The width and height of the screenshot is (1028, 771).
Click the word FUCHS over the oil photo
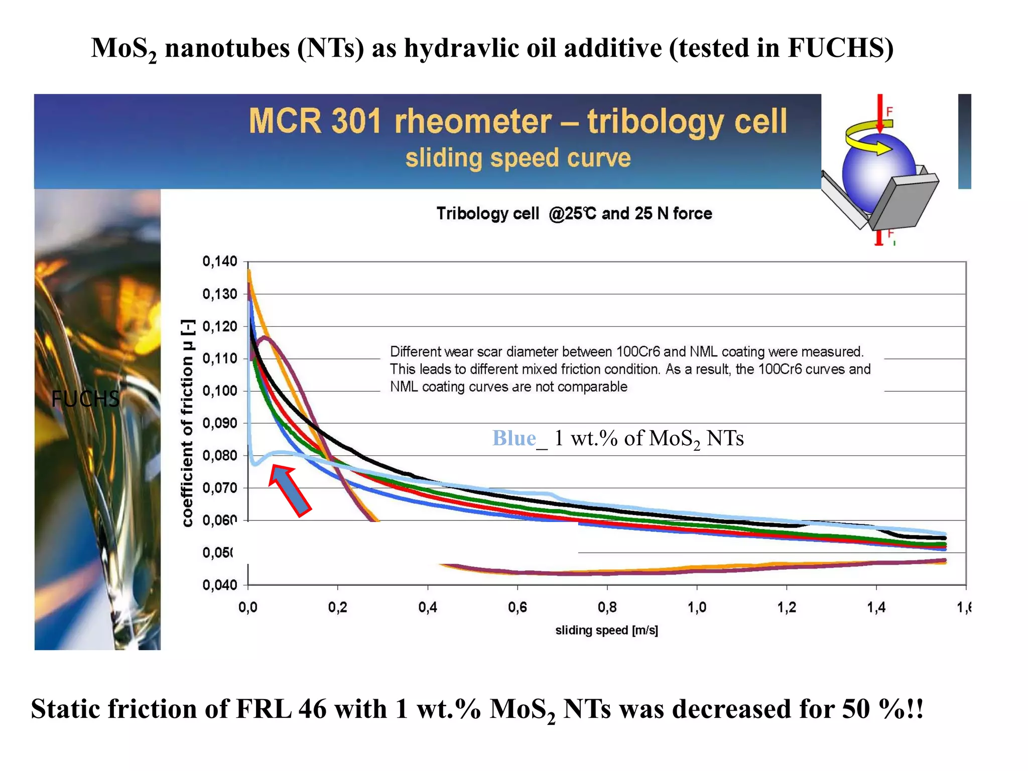85,399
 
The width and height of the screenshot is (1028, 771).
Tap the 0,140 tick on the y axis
219,262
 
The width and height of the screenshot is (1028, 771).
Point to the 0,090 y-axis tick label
219,423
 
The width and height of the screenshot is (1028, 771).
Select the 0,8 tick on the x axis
607,608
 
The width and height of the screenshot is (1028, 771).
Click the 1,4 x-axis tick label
876,608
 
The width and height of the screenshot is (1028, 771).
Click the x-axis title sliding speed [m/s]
606,630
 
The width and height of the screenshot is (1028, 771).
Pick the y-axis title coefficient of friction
187,423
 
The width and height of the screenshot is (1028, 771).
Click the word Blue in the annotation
513,438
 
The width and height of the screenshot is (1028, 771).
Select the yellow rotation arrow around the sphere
866,138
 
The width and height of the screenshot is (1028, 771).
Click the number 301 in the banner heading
356,121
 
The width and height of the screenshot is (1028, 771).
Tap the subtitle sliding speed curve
518,158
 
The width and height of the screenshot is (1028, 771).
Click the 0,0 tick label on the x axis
247,608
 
